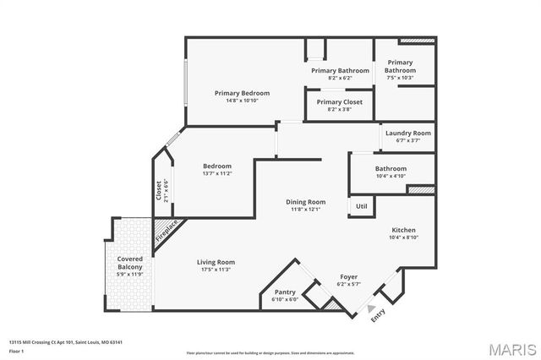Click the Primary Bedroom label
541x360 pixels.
(242, 93)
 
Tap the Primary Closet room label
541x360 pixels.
(340, 101)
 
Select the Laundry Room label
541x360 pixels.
(408, 134)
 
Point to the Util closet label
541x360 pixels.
(361, 206)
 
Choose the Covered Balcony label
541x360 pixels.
(130, 263)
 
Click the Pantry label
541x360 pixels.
(283, 292)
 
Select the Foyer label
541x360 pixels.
(348, 276)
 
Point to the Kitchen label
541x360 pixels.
(403, 230)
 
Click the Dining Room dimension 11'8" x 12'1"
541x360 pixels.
(305, 209)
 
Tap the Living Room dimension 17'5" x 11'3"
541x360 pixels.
(216, 270)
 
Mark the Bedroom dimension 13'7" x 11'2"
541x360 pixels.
(216, 173)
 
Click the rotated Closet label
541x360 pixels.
(158, 190)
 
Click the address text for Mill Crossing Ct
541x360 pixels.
(66, 343)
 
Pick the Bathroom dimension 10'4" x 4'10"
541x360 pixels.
(391, 175)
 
